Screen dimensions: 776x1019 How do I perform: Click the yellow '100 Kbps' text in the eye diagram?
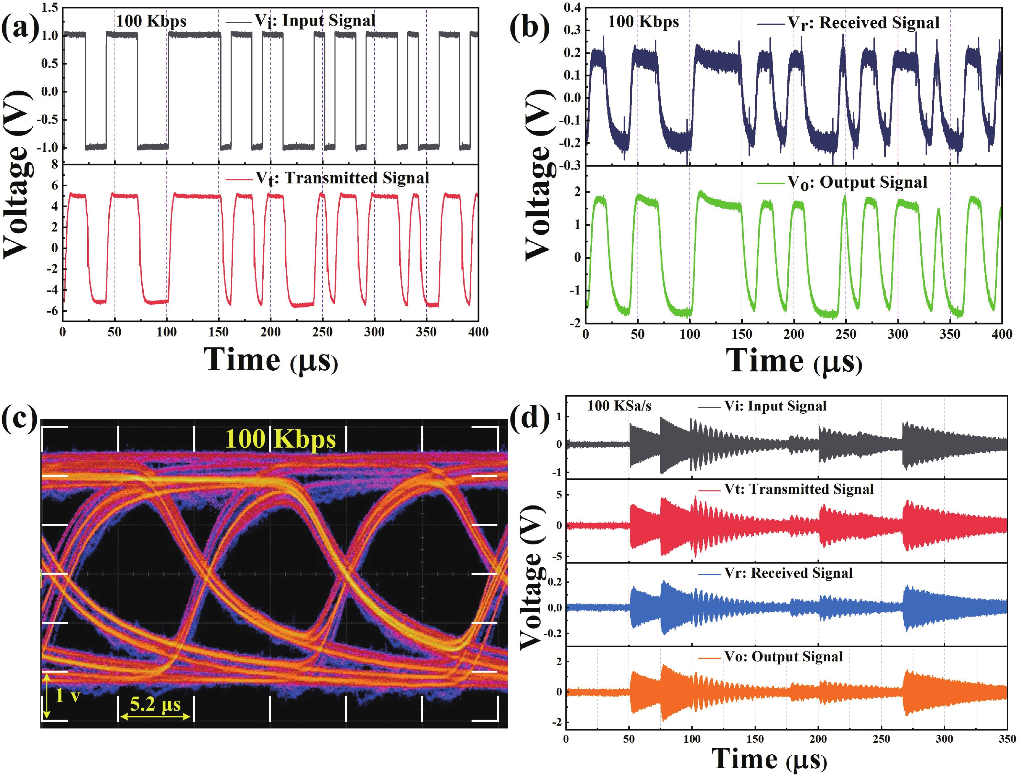[x=280, y=439]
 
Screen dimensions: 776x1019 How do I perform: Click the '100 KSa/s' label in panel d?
[x=619, y=406]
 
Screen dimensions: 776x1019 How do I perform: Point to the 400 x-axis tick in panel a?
[x=478, y=332]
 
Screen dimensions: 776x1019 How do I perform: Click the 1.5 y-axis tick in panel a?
[x=50, y=7]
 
